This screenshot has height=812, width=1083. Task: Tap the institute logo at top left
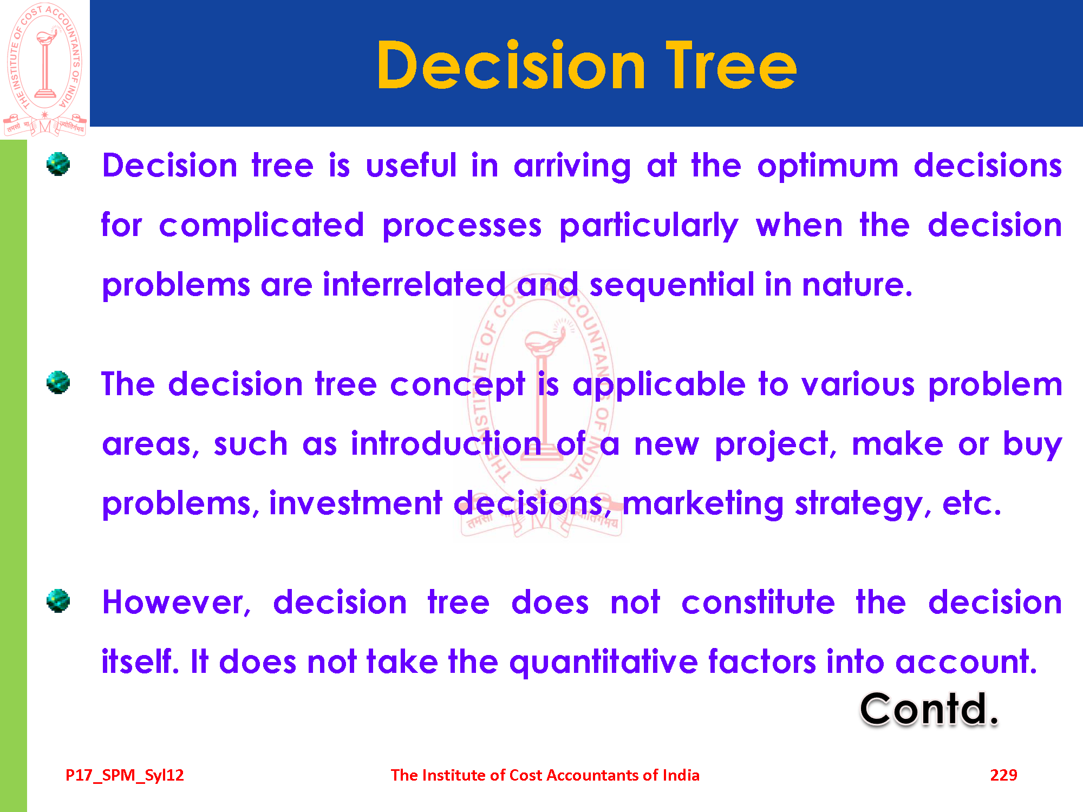45,69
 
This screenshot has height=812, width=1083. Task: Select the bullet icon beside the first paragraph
58,164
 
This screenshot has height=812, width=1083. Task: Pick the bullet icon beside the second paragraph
58,383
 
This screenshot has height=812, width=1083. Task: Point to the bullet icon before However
58,601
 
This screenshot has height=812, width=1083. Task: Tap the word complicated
262,226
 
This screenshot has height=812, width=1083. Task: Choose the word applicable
659,384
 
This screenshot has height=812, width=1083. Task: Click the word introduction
446,444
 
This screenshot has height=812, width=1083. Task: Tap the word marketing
703,505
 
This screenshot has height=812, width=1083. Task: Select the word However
177,603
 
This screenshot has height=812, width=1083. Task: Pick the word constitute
758,603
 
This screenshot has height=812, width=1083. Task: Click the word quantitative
603,663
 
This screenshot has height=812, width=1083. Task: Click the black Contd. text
929,709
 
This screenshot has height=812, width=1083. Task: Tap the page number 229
1003,775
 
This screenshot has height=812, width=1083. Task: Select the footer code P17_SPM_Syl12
125,776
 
